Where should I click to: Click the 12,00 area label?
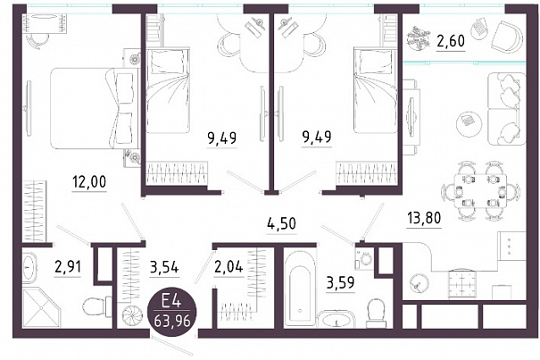(x=89, y=181)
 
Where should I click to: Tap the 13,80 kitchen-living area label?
(x=424, y=218)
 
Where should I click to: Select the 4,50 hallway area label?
(x=282, y=223)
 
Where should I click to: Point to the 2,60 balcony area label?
(x=451, y=41)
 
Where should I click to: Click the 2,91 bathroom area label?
(x=68, y=266)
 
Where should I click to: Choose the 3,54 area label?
(x=164, y=266)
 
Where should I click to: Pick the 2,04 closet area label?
(x=228, y=266)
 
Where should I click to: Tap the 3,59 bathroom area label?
(x=340, y=283)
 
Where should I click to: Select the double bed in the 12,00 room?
(x=92, y=109)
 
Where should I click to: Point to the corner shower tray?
(x=41, y=307)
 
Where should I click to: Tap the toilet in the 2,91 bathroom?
(x=96, y=307)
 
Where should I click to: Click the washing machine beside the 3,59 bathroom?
(x=363, y=257)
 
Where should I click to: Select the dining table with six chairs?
(x=481, y=190)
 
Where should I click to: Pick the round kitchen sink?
(x=419, y=284)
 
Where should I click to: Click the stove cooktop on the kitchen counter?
(x=462, y=284)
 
